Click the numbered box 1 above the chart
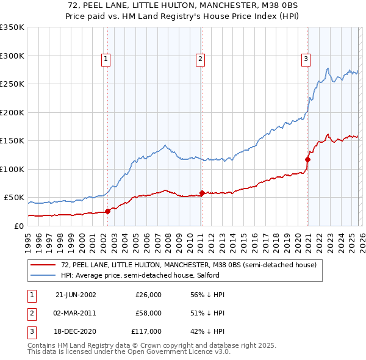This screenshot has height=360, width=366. tap(106, 59)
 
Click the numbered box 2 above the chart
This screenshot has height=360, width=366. tap(200, 59)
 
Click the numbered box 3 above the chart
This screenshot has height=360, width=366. tap(306, 59)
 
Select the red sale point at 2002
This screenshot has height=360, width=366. tap(108, 211)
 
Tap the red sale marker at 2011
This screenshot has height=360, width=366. tap(202, 193)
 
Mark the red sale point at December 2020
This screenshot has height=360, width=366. tap(307, 160)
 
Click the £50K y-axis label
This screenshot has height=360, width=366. tap(14, 198)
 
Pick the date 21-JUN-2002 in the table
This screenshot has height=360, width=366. tap(76, 295)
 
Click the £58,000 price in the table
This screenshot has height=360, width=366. tap(148, 313)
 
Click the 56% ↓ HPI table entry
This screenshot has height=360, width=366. tap(208, 295)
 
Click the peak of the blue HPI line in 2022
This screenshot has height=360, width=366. tap(328, 68)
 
